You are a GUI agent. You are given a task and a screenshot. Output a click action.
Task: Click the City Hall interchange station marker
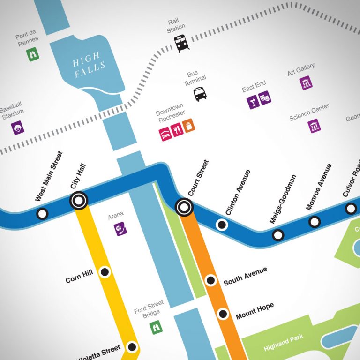tap(78, 201)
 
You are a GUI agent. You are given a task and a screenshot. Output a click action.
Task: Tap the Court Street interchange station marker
tap(184, 206)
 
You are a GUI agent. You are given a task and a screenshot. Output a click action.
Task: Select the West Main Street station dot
tap(42, 214)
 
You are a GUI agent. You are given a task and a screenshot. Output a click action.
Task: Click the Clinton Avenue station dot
tap(222, 225)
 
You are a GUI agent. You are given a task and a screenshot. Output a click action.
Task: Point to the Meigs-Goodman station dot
tap(278, 235)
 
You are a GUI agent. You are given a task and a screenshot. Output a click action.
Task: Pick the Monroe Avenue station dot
tap(314, 222)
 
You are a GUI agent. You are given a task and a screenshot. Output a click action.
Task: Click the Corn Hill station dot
tap(105, 272)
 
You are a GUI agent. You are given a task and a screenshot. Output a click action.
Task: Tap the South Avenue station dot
tap(211, 281)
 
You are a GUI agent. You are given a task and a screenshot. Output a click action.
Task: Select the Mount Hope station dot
tap(223, 314)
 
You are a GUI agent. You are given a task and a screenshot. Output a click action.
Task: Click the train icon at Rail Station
tap(181, 44)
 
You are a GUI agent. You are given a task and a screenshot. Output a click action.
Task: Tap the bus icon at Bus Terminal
tap(200, 94)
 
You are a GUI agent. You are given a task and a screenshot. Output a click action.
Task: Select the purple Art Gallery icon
tap(306, 83)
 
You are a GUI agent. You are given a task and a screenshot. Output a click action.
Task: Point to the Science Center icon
tap(314, 126)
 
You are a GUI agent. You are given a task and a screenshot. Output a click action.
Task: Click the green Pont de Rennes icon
tap(33, 54)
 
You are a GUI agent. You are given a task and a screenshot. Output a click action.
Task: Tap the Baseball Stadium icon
tap(18, 127)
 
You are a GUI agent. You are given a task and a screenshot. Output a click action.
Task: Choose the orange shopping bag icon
tap(189, 126)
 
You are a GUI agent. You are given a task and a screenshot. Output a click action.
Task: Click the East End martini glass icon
tap(254, 102)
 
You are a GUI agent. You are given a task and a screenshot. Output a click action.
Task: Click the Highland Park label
tap(283, 343)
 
